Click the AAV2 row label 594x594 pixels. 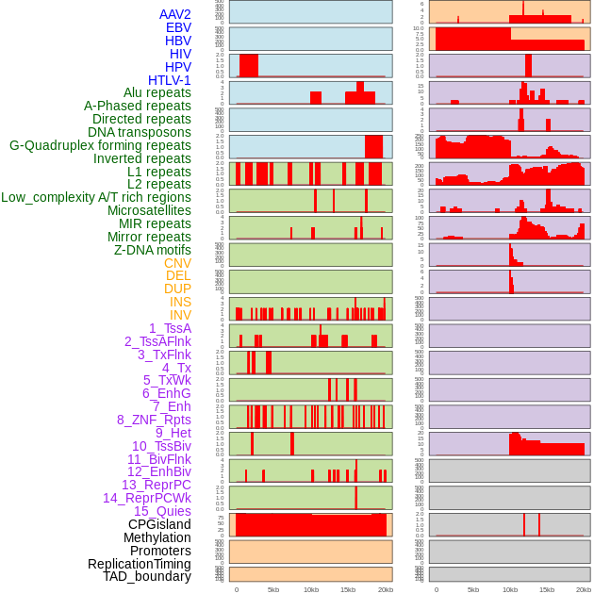[x=175, y=14]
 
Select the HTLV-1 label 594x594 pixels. [x=170, y=80]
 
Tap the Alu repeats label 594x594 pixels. [x=157, y=92]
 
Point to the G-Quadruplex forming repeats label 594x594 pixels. [x=100, y=145]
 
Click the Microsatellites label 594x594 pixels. [x=149, y=210]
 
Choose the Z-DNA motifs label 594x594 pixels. [x=153, y=250]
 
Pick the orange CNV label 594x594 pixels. [x=177, y=263]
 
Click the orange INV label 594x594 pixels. [x=180, y=315]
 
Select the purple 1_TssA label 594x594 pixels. [x=170, y=328]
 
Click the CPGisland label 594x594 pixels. [x=159, y=524]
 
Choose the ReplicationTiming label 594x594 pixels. [x=140, y=564]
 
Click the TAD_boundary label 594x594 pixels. [x=147, y=576]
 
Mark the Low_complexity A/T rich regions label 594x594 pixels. [x=96, y=197]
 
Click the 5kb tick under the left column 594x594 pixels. [x=273, y=589]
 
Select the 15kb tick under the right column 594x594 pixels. [x=547, y=589]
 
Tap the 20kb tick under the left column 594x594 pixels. [x=385, y=589]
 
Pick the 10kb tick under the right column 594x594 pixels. [x=510, y=589]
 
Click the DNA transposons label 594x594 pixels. [x=140, y=132]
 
